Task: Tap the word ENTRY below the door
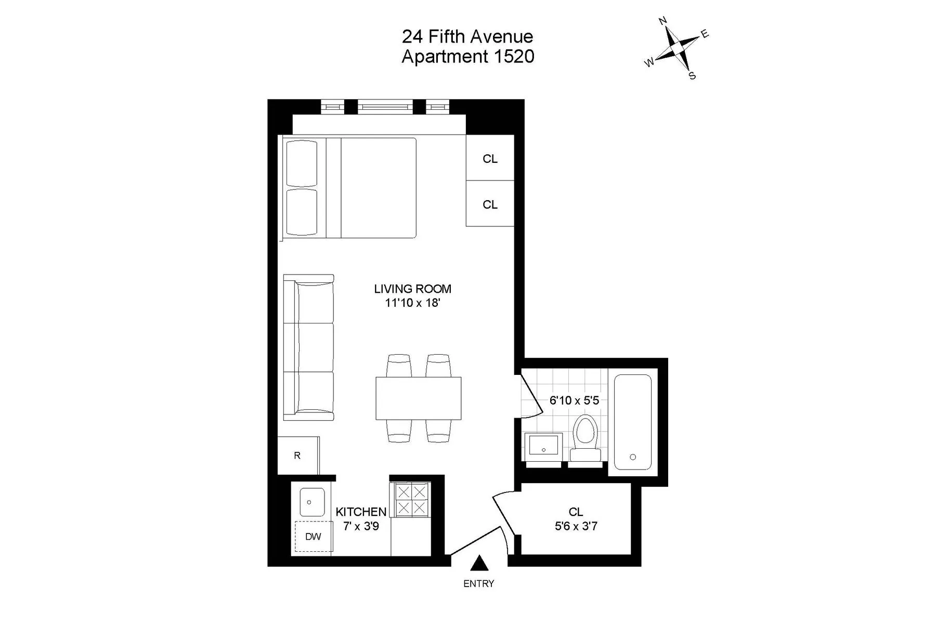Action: [x=478, y=584]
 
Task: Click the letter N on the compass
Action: [x=663, y=21]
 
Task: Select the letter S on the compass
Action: [x=692, y=76]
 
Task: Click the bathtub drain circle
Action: [x=632, y=457]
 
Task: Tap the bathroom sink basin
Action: [x=543, y=446]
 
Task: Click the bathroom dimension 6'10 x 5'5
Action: [x=574, y=400]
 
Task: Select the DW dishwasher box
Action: [x=313, y=536]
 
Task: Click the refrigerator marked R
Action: [x=297, y=456]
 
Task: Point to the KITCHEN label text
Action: [x=361, y=512]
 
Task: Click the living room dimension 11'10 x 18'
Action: [x=412, y=303]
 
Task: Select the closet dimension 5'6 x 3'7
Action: [x=576, y=526]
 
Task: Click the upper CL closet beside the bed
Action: [x=490, y=159]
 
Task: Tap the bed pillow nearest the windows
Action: [x=302, y=163]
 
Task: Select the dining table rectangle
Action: [x=419, y=398]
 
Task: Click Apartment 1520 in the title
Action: [x=467, y=56]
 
